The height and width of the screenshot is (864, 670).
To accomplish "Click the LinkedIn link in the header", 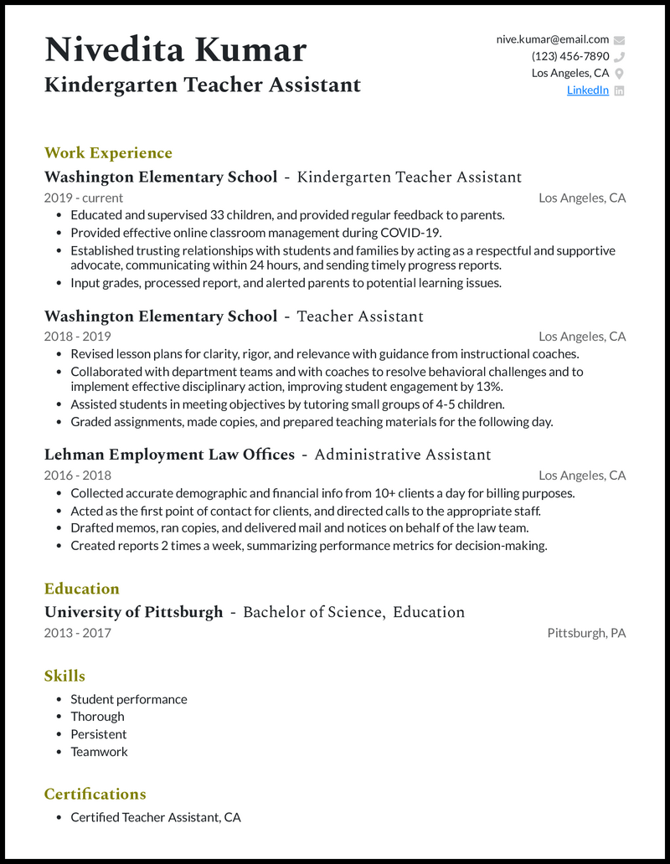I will pos(587,90).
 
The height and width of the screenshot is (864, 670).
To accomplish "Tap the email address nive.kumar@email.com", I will pos(553,39).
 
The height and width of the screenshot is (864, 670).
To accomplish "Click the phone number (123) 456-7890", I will pos(570,56).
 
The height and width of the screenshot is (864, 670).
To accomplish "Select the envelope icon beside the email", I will pos(619,39).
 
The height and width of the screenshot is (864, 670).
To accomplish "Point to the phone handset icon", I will pos(619,57).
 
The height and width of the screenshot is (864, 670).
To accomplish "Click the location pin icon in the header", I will pos(619,74).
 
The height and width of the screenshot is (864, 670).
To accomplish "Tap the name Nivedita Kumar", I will pos(175,50).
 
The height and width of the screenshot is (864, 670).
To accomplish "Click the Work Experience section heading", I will pos(108,152).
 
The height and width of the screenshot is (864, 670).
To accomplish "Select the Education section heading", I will pos(81,588).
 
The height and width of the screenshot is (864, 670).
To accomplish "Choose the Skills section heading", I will pos(64,676).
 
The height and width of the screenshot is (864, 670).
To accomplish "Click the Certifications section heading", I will pos(95,794).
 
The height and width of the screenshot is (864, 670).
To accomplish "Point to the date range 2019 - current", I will pos(83,198).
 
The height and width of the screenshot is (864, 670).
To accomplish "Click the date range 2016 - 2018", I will pos(77,476).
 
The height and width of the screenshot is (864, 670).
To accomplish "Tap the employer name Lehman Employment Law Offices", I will pos(169,455).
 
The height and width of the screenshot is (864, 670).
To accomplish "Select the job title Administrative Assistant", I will pos(402,455).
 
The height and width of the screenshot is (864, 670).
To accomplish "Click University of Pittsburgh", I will pos(133,612).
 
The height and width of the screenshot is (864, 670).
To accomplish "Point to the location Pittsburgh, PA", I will pos(586,633).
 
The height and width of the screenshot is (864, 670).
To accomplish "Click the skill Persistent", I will pos(98,734).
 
